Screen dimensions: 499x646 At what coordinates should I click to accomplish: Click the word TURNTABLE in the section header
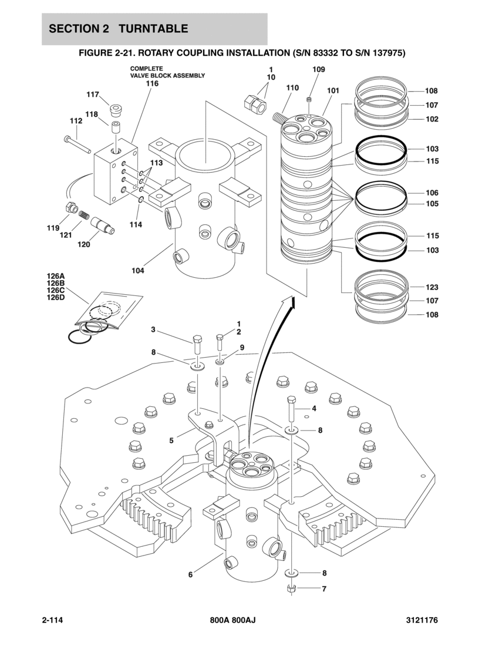click(x=153, y=28)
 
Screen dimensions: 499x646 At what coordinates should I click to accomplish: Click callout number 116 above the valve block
click(x=152, y=83)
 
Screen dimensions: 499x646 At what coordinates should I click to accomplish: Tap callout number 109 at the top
click(x=319, y=69)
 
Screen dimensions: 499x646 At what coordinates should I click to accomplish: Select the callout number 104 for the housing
click(x=138, y=271)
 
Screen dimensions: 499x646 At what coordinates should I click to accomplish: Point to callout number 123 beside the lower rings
click(x=432, y=287)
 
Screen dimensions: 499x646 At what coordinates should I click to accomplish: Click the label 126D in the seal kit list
click(x=56, y=297)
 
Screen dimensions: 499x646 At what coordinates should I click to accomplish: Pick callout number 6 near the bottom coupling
click(x=190, y=574)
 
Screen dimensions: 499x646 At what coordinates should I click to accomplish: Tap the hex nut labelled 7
click(x=291, y=588)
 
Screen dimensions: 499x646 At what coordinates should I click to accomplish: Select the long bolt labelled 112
click(x=77, y=144)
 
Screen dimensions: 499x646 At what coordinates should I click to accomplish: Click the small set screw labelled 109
click(x=308, y=100)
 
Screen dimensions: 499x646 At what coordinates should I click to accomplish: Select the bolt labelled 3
click(x=197, y=345)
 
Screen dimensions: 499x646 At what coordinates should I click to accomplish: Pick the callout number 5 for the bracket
click(x=171, y=440)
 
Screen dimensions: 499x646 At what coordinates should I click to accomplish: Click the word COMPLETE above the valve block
click(x=147, y=68)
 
